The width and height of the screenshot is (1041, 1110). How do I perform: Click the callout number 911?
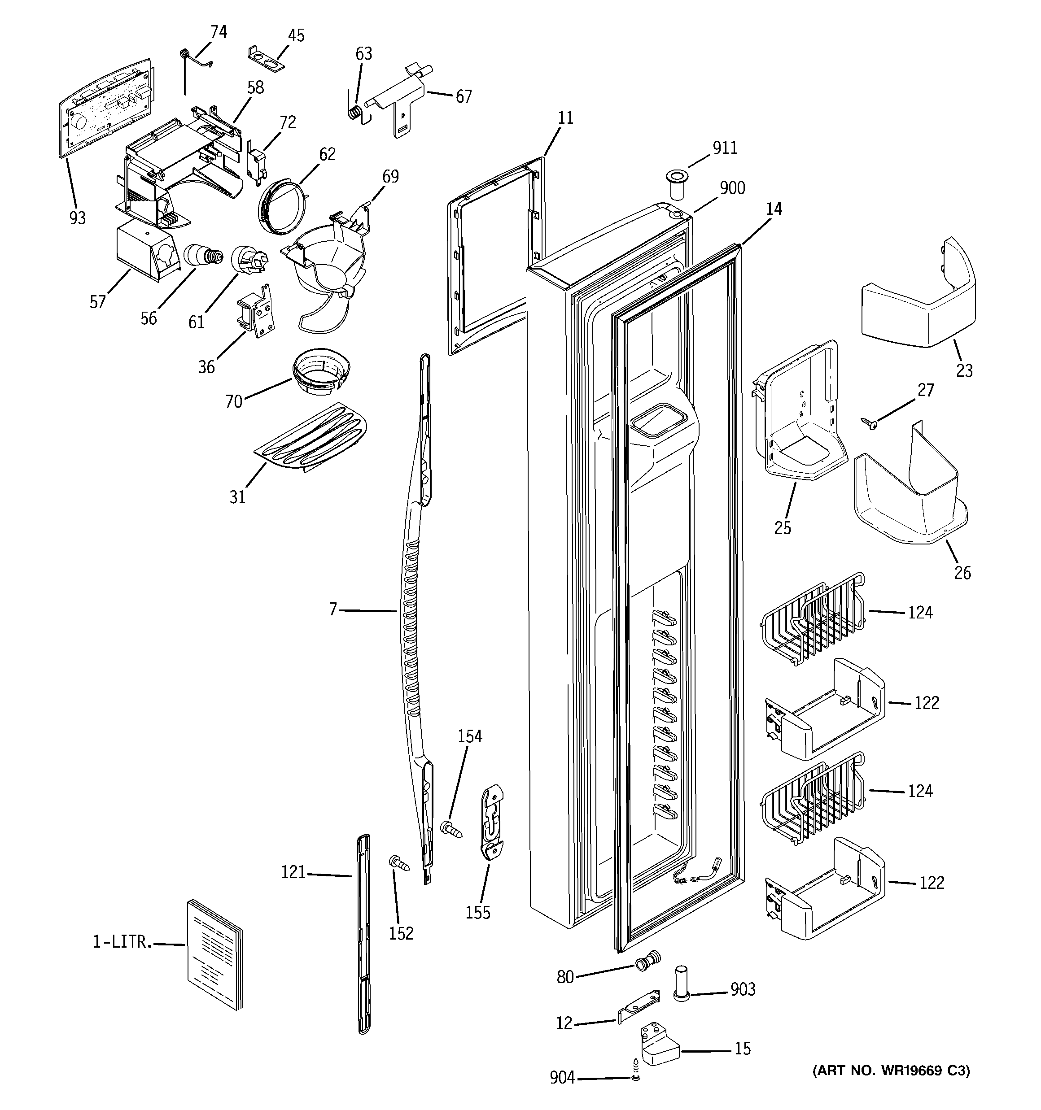point(725,148)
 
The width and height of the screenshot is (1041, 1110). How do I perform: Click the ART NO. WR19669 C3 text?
point(891,1071)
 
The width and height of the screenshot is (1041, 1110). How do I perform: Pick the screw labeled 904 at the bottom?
point(635,1077)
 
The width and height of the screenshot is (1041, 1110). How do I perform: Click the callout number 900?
point(732,188)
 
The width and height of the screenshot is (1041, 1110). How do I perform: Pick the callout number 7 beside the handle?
point(333,609)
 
